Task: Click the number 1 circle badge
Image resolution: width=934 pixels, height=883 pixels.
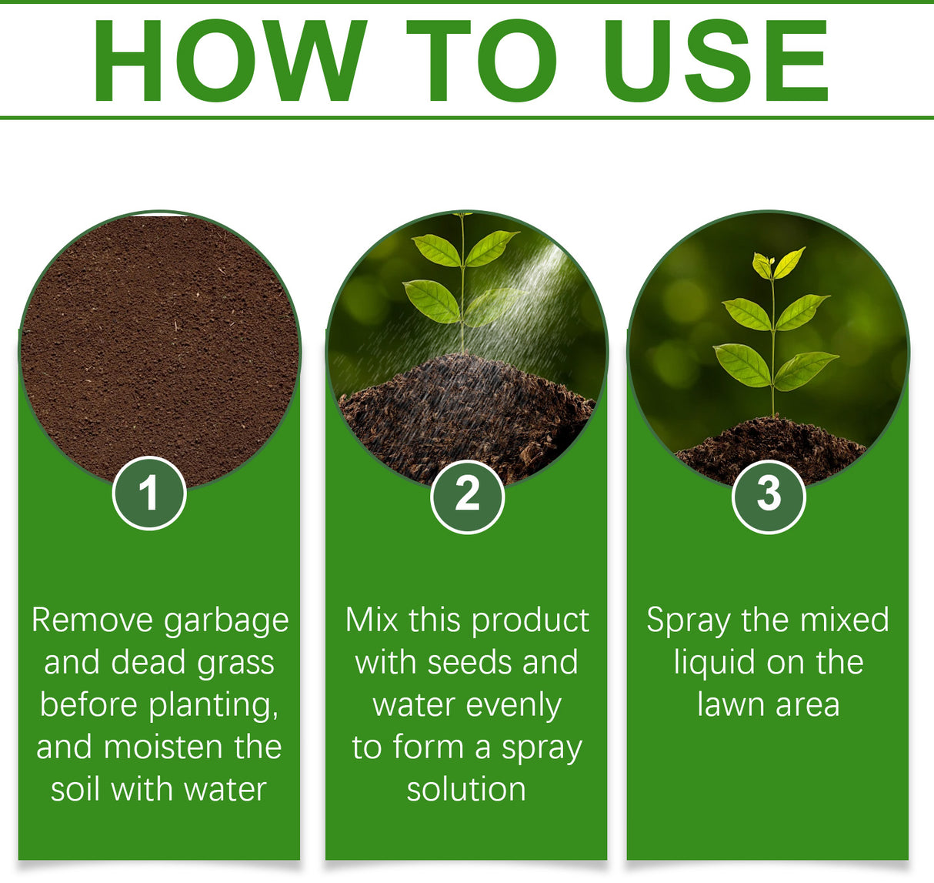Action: (x=149, y=493)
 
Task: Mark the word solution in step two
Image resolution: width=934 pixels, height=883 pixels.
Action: (x=466, y=790)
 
